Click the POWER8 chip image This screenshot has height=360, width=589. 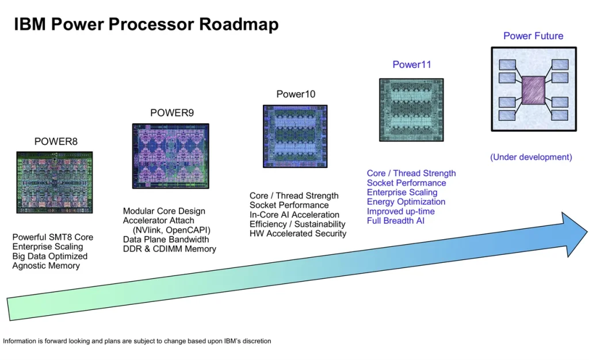pyautogui.click(x=55, y=182)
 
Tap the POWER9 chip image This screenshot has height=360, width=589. pyautogui.click(x=170, y=156)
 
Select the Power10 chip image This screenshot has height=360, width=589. pyautogui.click(x=295, y=136)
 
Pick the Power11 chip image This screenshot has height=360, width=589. pyautogui.click(x=411, y=110)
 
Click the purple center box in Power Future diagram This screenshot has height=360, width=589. pyautogui.click(x=533, y=90)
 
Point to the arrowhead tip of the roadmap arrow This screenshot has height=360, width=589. pyautogui.click(x=587, y=232)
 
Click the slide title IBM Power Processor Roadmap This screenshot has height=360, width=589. pyautogui.click(x=147, y=24)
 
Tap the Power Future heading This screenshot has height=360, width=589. pyautogui.click(x=533, y=36)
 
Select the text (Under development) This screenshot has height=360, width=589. pyautogui.click(x=531, y=157)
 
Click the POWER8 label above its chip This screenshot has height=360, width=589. pyautogui.click(x=56, y=141)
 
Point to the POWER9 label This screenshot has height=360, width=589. pyautogui.click(x=172, y=113)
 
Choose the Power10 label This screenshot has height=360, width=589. pyautogui.click(x=296, y=94)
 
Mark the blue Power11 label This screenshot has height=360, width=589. pyautogui.click(x=412, y=64)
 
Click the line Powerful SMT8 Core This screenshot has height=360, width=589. pyautogui.click(x=52, y=238)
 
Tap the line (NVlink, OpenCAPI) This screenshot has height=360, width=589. pyautogui.click(x=171, y=230)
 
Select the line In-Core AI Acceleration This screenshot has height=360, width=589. pyautogui.click(x=294, y=215)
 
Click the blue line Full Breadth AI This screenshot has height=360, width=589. pyautogui.click(x=396, y=221)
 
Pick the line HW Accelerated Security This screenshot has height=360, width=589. pyautogui.click(x=298, y=233)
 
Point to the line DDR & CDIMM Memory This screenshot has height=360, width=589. pyautogui.click(x=170, y=249)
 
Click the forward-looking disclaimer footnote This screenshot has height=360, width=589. pyautogui.click(x=137, y=341)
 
